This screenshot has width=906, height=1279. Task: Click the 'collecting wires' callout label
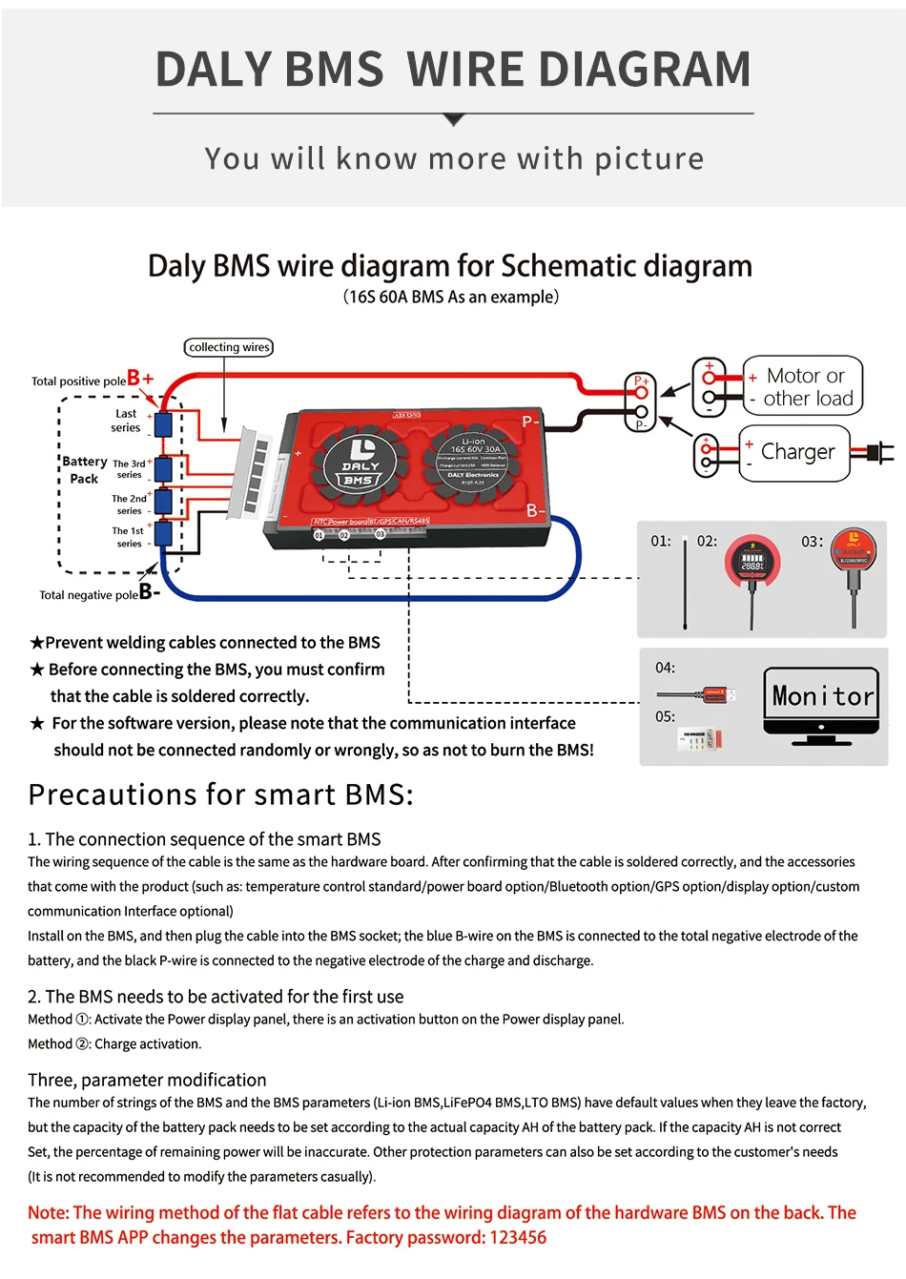229,347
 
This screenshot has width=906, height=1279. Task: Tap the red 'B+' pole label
140,379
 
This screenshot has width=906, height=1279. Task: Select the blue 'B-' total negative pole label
150,592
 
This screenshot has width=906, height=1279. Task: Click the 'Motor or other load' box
803,386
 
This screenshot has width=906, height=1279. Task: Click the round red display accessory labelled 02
752,562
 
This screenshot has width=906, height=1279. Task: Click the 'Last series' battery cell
164,423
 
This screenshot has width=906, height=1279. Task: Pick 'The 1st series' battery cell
164,533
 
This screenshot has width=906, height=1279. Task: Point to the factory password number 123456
518,1237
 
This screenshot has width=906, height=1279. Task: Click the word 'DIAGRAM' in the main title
646,70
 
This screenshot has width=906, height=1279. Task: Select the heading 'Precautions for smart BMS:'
221,794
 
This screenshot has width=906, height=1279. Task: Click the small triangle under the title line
454,120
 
